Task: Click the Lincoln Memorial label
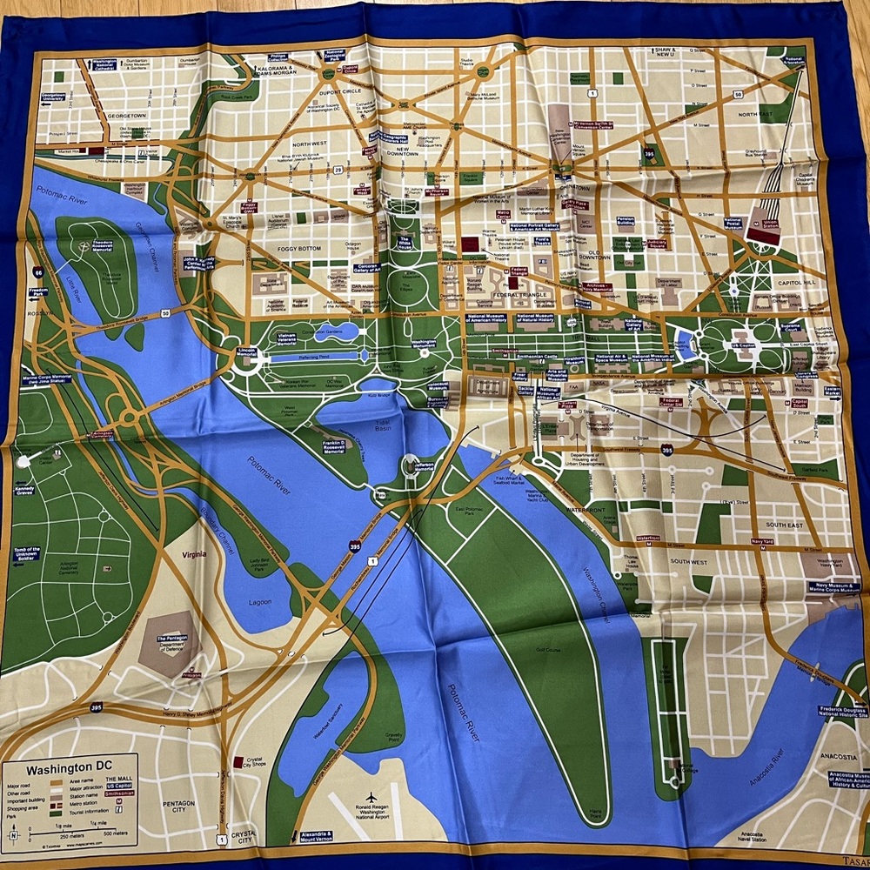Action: [246, 352]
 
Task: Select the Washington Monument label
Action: [424, 345]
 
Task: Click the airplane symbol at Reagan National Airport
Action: [371, 797]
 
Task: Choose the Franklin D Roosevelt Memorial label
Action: [333, 446]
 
